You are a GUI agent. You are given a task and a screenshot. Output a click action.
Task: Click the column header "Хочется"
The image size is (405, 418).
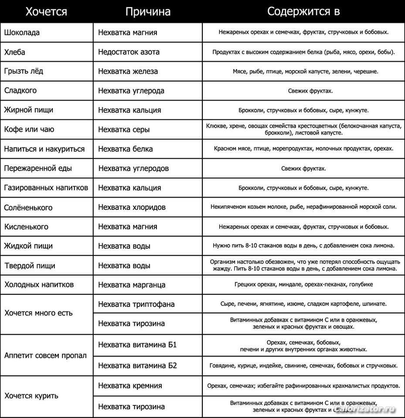(x=46, y=11)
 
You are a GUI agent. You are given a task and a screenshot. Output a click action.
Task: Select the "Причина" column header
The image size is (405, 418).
(x=148, y=11)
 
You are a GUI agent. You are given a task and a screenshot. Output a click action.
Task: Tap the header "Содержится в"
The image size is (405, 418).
(x=303, y=11)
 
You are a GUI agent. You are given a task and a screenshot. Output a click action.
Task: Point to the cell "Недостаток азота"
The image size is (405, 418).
(x=129, y=52)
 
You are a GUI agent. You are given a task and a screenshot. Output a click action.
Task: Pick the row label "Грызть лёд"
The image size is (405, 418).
(x=24, y=71)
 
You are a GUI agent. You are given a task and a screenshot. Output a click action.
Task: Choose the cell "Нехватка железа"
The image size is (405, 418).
(x=128, y=71)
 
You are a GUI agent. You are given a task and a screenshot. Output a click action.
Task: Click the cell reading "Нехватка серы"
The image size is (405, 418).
(x=124, y=129)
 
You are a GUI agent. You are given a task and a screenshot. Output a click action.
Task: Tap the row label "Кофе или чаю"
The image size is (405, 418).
(x=29, y=129)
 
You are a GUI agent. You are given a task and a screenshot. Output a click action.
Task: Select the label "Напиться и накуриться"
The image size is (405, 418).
(x=44, y=149)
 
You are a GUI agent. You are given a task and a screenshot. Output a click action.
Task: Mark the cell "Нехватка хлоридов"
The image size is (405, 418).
(x=132, y=207)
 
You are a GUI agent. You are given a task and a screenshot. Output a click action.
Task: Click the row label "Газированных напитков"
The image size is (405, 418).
(x=46, y=188)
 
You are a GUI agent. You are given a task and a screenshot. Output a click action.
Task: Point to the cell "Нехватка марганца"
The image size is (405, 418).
(x=132, y=285)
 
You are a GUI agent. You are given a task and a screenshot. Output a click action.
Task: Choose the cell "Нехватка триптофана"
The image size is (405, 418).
(x=136, y=304)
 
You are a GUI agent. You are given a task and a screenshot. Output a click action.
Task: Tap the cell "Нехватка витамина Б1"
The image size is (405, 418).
(x=137, y=345)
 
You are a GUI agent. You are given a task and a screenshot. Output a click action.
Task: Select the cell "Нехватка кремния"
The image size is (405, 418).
(x=130, y=386)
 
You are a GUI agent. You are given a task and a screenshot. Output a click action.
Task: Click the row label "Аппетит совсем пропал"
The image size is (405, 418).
(x=45, y=355)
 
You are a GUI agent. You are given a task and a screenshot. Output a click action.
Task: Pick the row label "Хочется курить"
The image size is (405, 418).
(x=31, y=396)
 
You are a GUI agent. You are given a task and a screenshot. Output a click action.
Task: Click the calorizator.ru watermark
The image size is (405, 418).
(x=370, y=410)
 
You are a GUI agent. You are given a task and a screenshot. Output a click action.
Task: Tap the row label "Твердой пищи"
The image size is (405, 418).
(x=30, y=266)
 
